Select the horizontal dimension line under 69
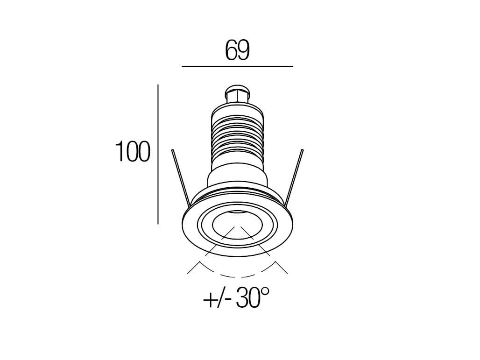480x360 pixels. tap(237, 67)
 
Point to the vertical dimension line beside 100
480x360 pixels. tap(158, 154)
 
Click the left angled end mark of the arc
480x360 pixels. tap(195, 267)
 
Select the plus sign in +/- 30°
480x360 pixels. tap(210, 299)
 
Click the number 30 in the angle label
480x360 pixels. tap(247, 298)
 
